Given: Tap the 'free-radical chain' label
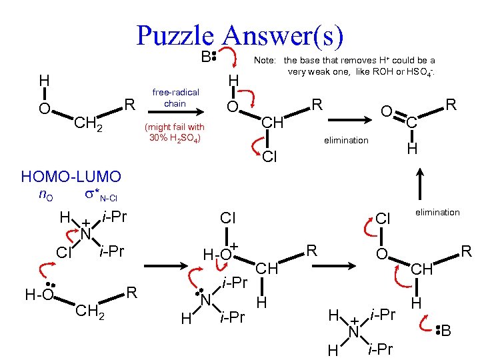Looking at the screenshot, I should [175, 98].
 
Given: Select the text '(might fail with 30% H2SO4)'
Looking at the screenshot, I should [175, 132].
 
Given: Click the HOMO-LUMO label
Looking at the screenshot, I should [71, 177].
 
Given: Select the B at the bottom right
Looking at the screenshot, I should [446, 330].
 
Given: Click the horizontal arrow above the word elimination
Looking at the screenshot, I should [345, 121].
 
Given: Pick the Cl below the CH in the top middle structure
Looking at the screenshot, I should [270, 157].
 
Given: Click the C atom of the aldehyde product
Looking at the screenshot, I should [412, 122].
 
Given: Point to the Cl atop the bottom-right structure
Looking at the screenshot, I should [382, 219].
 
